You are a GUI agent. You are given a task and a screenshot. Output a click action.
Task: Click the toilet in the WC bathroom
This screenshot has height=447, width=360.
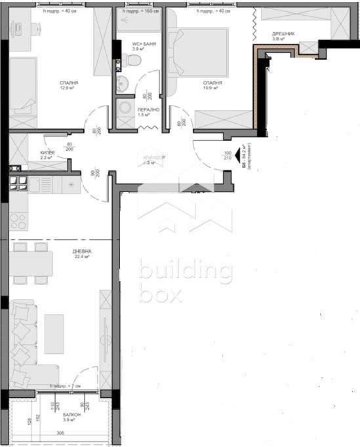tap(134, 61)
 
